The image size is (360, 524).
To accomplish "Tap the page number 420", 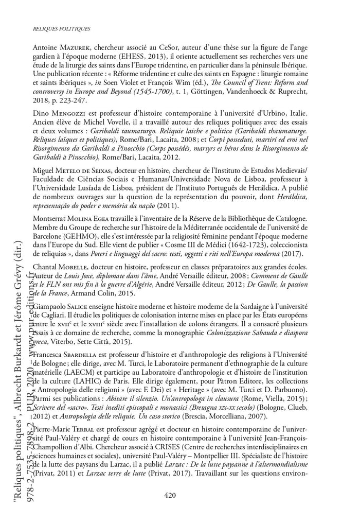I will pos(171,496).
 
